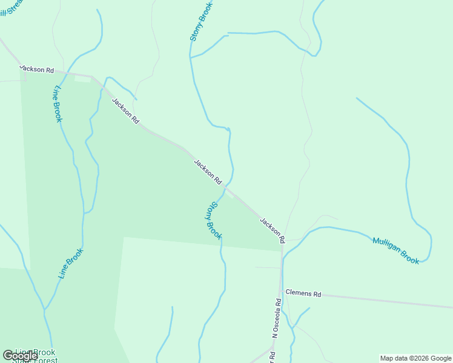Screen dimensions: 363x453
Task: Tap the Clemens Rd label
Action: coord(303,293)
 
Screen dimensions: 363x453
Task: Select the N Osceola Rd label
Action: coord(276,318)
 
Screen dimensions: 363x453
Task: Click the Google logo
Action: coord(20,356)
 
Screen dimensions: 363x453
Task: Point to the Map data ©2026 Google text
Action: coord(416,358)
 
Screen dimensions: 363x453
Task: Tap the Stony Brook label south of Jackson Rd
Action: coord(214,221)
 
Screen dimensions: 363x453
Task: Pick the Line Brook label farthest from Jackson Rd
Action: coord(71,264)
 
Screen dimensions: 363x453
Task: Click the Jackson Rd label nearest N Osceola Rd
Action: coord(272,227)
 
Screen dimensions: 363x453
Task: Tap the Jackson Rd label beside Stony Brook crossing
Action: coord(208,172)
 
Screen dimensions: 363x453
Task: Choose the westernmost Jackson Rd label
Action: coord(37,69)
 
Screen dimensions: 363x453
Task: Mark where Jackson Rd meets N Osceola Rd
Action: coord(282,244)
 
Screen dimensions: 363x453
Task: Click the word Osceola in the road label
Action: coord(277,314)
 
